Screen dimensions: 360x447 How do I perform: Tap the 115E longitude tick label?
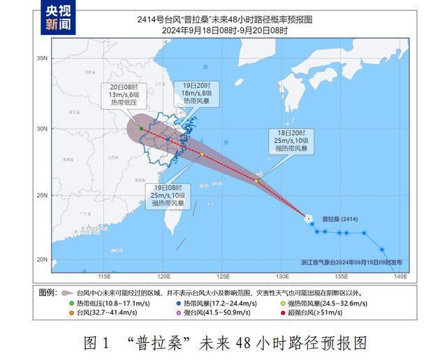105,277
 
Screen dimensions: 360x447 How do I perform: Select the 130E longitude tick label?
282,277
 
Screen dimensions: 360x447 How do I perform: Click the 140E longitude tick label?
400,277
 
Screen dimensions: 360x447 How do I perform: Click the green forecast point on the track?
142,129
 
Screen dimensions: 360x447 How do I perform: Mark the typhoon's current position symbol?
309,218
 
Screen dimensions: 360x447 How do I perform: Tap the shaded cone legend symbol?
66,293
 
